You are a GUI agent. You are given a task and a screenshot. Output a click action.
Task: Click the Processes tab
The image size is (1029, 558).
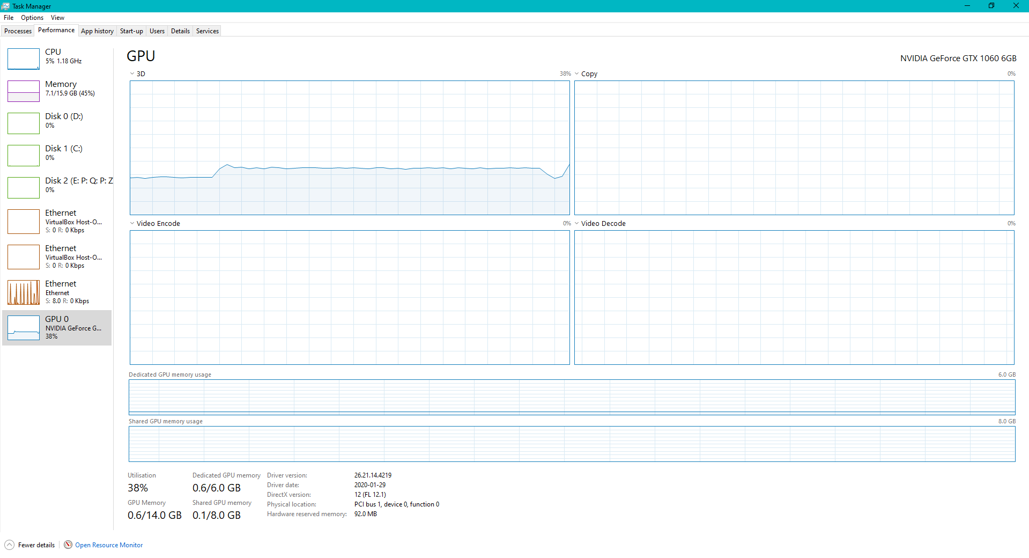[x=18, y=31]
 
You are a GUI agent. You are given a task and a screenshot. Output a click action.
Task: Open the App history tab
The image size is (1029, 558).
[x=97, y=31]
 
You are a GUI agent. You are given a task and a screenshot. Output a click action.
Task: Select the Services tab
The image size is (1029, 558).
[x=208, y=31]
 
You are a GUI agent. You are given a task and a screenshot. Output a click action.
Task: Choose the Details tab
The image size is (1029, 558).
[x=180, y=31]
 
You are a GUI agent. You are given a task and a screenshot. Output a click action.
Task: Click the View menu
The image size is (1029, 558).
[x=57, y=18]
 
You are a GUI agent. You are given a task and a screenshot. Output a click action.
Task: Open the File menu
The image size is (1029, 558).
[x=9, y=18]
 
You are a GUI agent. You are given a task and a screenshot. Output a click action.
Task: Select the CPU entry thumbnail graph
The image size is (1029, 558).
[x=24, y=59]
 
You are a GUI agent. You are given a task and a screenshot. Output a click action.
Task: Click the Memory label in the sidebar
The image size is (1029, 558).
[x=61, y=84]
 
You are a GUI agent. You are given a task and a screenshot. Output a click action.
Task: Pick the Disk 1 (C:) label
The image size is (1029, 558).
[x=64, y=149]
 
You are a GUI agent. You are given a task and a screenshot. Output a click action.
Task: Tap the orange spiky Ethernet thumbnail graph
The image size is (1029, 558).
[x=24, y=292]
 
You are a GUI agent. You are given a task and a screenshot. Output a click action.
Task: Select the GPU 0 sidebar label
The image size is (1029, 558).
[x=57, y=319]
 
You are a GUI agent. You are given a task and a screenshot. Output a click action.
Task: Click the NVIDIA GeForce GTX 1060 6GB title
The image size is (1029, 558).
[x=958, y=58]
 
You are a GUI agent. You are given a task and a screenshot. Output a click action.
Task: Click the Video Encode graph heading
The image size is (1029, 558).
[x=158, y=224]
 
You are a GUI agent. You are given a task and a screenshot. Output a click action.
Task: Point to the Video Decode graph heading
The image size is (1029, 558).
[x=603, y=224]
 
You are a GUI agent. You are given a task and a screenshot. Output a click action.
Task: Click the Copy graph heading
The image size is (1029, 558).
[x=589, y=74]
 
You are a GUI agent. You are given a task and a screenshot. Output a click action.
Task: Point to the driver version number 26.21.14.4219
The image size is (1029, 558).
[x=373, y=475]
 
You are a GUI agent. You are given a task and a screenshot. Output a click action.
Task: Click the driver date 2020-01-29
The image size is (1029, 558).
[x=370, y=485]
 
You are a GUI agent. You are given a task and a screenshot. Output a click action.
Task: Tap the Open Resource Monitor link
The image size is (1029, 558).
[x=109, y=545]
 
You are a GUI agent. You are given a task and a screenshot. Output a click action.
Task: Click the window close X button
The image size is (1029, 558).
[x=1016, y=6]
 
